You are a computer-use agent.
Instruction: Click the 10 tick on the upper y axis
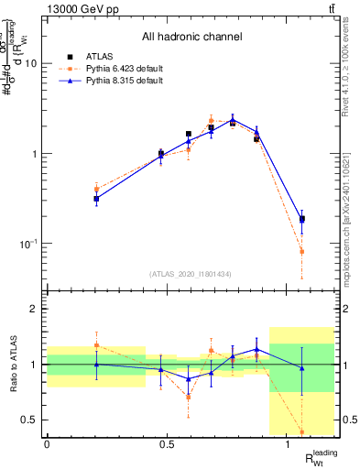coord(35,63)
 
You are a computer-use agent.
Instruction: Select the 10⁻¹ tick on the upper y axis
coord(31,244)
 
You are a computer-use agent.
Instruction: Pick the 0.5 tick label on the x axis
coord(167,444)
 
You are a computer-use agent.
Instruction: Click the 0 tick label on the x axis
coord(47,444)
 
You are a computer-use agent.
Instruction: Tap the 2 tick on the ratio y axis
coord(37,309)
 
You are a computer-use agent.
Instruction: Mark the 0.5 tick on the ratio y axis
coord(33,420)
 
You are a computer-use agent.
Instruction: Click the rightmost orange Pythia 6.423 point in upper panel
coord(302,251)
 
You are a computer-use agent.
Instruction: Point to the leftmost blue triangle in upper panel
coord(96,198)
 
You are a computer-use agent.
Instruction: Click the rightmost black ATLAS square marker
coord(302,219)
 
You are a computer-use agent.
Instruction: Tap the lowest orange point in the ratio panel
coord(302,431)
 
